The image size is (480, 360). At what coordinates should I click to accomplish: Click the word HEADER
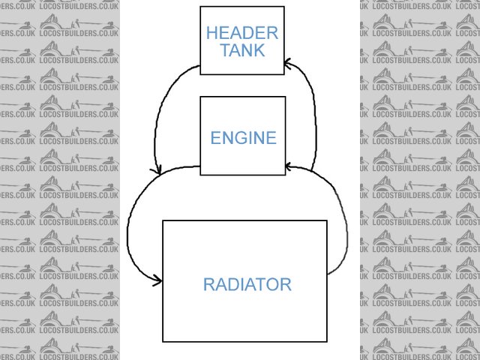[242, 33]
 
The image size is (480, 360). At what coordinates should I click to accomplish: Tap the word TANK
[242, 50]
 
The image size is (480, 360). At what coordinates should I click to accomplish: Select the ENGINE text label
[243, 138]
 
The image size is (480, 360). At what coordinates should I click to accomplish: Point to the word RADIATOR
[247, 284]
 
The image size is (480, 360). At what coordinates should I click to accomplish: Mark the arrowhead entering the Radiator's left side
[158, 281]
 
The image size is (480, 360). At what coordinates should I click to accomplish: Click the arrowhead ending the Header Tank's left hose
[157, 172]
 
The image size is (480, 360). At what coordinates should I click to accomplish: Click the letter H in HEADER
[211, 33]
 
